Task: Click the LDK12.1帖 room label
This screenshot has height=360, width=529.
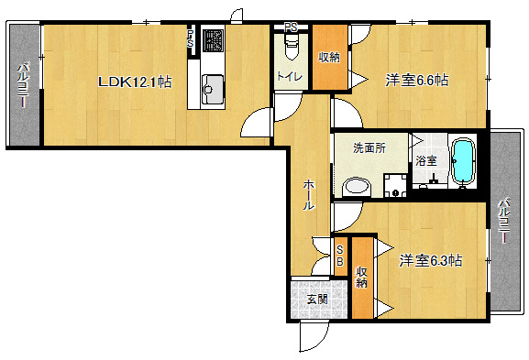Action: click(135, 82)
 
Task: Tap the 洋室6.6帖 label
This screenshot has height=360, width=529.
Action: click(417, 81)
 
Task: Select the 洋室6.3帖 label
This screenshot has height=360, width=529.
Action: click(431, 260)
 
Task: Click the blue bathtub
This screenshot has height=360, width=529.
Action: click(463, 163)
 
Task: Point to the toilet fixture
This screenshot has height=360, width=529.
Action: click(292, 46)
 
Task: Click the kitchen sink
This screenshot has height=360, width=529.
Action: click(213, 90)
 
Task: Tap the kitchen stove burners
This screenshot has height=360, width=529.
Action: click(213, 41)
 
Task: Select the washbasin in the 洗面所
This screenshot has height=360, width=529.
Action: click(357, 187)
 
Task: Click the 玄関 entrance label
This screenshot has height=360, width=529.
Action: click(317, 299)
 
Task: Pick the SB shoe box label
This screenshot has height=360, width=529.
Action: click(340, 256)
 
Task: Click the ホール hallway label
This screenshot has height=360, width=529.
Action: click(309, 195)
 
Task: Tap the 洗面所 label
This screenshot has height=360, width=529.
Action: click(369, 147)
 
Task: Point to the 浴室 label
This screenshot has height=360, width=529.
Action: click(426, 160)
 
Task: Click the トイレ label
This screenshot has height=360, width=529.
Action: click(290, 77)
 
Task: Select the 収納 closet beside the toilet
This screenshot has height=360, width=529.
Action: click(329, 58)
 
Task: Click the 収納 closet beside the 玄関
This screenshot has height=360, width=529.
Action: click(361, 278)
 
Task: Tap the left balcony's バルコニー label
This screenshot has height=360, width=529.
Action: click(24, 84)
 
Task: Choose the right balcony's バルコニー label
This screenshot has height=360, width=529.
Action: click(505, 221)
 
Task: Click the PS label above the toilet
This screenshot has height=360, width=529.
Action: click(291, 27)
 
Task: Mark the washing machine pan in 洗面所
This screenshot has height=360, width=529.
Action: click(395, 185)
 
